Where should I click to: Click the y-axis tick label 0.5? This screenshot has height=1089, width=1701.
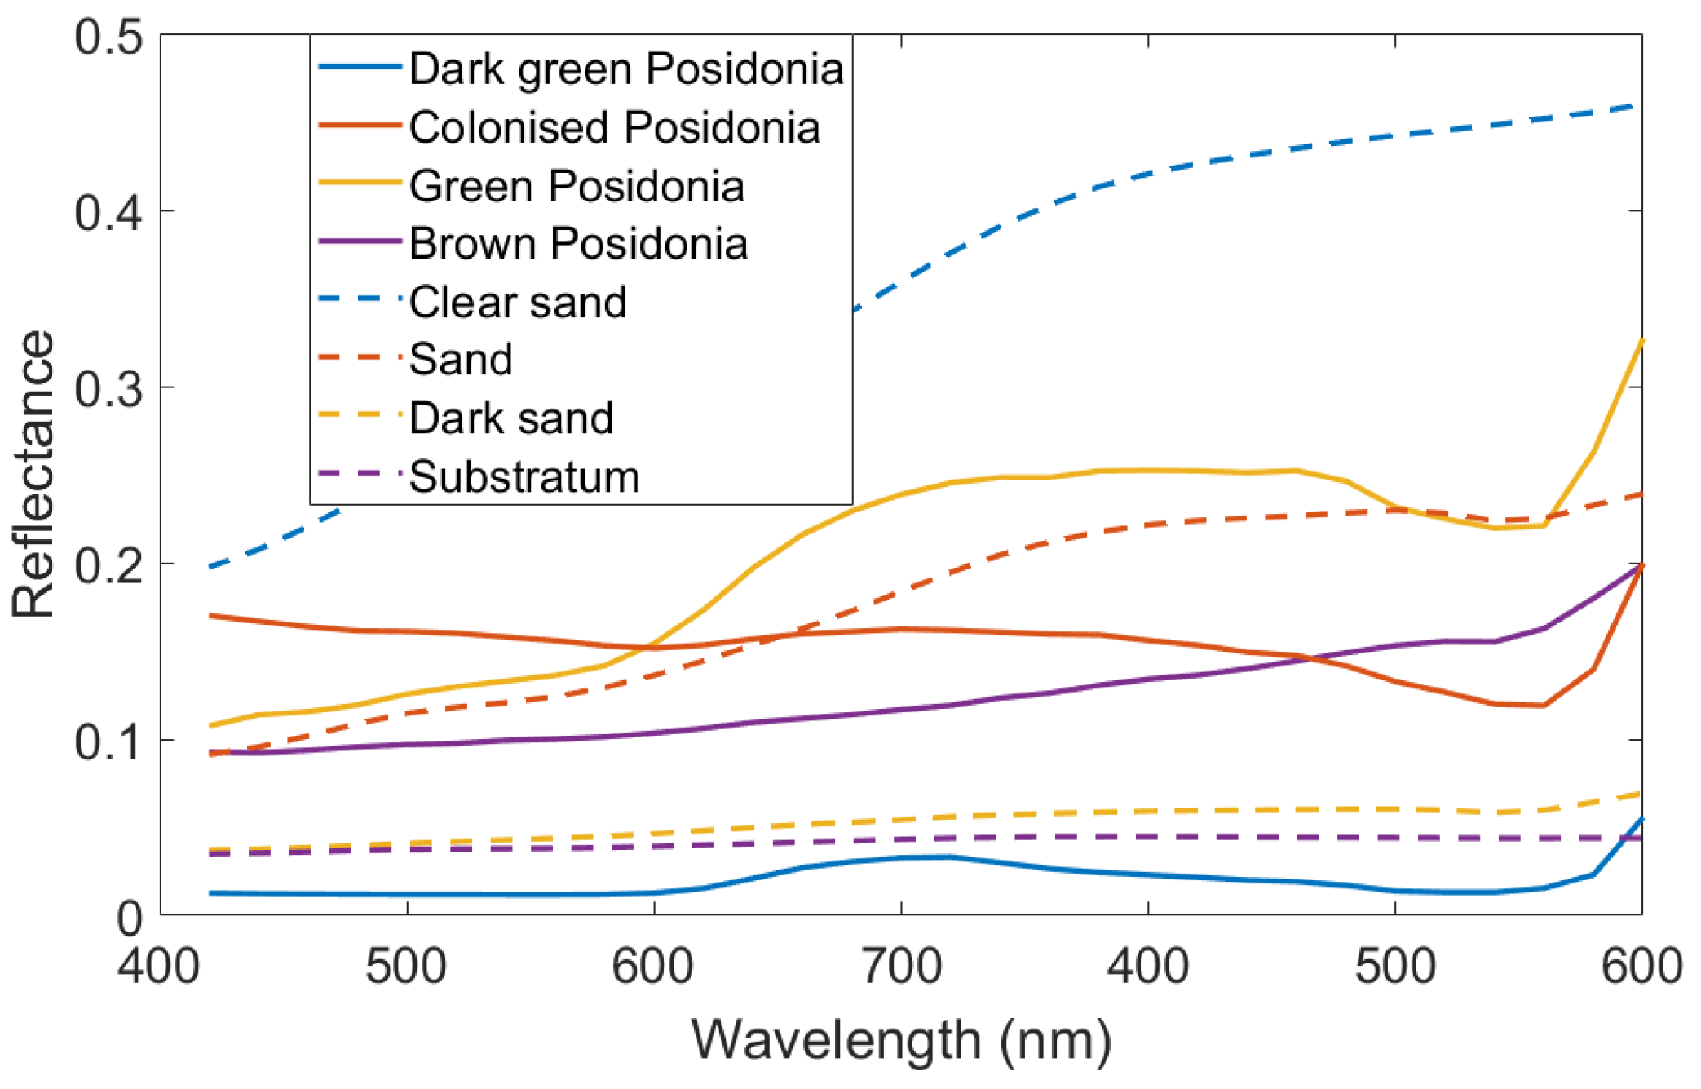(x=108, y=37)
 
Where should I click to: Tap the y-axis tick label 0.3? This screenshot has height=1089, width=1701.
(x=108, y=388)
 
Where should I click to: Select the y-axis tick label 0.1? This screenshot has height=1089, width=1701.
(x=108, y=741)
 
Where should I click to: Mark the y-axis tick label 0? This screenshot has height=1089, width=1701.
(x=130, y=919)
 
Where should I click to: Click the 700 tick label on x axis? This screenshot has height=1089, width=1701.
(x=901, y=967)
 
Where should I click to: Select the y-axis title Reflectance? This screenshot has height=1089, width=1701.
(x=33, y=473)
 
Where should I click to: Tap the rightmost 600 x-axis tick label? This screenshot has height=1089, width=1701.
(x=1641, y=967)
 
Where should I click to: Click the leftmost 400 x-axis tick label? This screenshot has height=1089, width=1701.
(x=159, y=967)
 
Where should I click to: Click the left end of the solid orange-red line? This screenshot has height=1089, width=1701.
(x=211, y=615)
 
